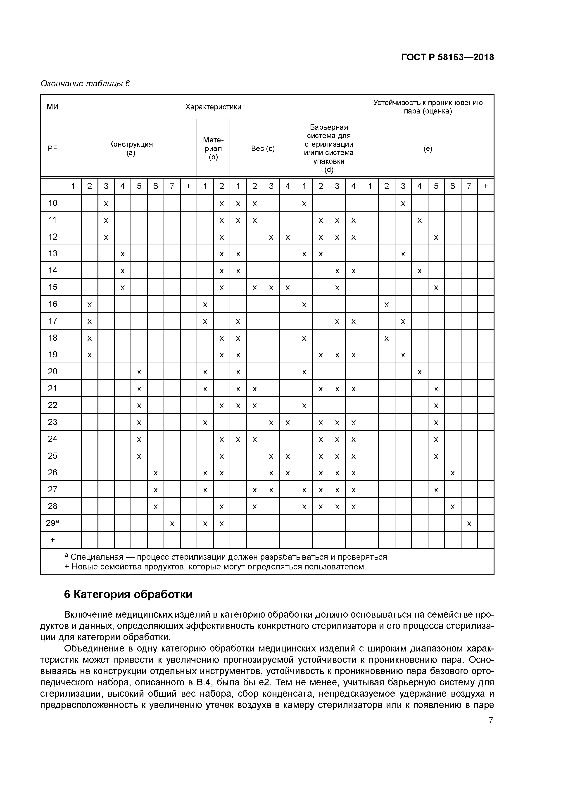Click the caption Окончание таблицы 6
point(85,84)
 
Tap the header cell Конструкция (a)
point(131,149)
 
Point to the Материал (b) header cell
point(213,149)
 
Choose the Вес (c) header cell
point(263,149)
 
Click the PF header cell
point(52,149)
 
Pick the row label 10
point(52,203)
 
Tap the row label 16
point(52,304)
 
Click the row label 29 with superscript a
point(52,523)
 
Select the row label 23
point(52,422)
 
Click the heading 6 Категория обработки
point(128,595)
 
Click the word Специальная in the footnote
point(97,557)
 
